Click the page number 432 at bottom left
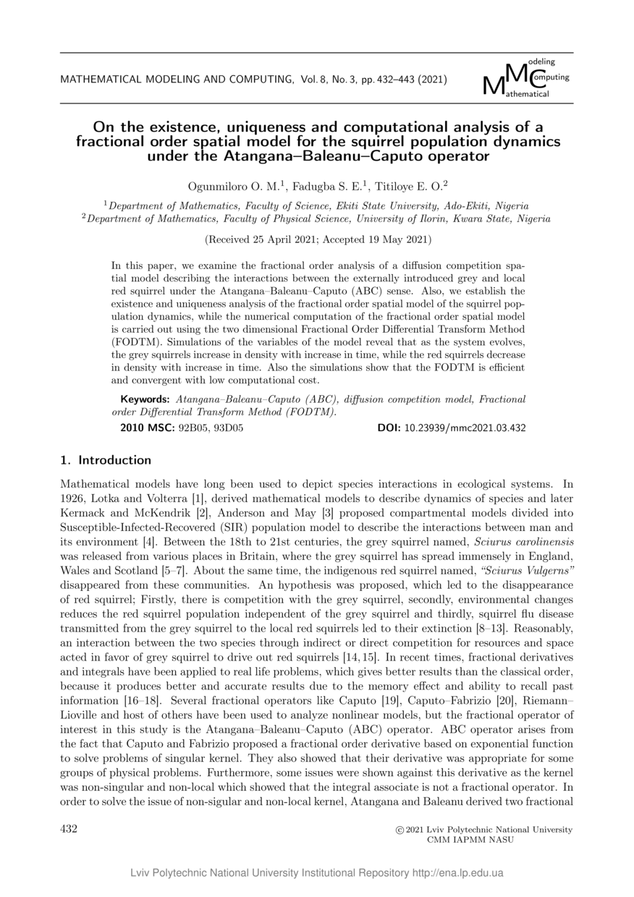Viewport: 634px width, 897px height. tap(68, 829)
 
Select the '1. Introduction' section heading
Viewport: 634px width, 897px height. tap(106, 460)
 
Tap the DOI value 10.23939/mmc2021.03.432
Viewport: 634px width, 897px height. tap(475, 428)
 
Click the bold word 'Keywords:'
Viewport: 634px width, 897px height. tap(145, 399)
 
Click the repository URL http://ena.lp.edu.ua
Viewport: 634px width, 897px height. tap(457, 872)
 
